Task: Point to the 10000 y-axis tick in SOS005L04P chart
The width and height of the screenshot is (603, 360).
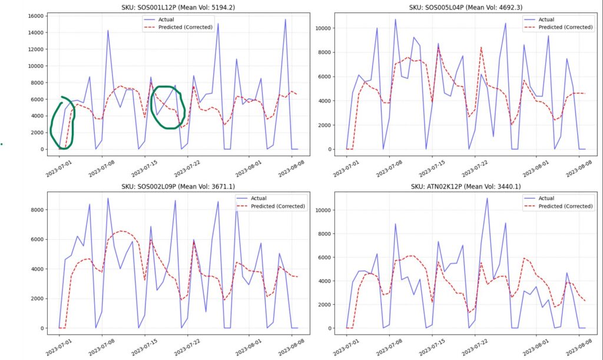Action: point(323,28)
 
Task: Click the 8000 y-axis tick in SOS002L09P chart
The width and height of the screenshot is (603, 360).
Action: point(37,210)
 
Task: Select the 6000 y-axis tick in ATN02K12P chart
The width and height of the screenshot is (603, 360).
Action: point(325,257)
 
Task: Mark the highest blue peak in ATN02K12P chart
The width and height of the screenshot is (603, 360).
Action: point(487,199)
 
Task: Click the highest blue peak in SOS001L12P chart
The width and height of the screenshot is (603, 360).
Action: point(286,19)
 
